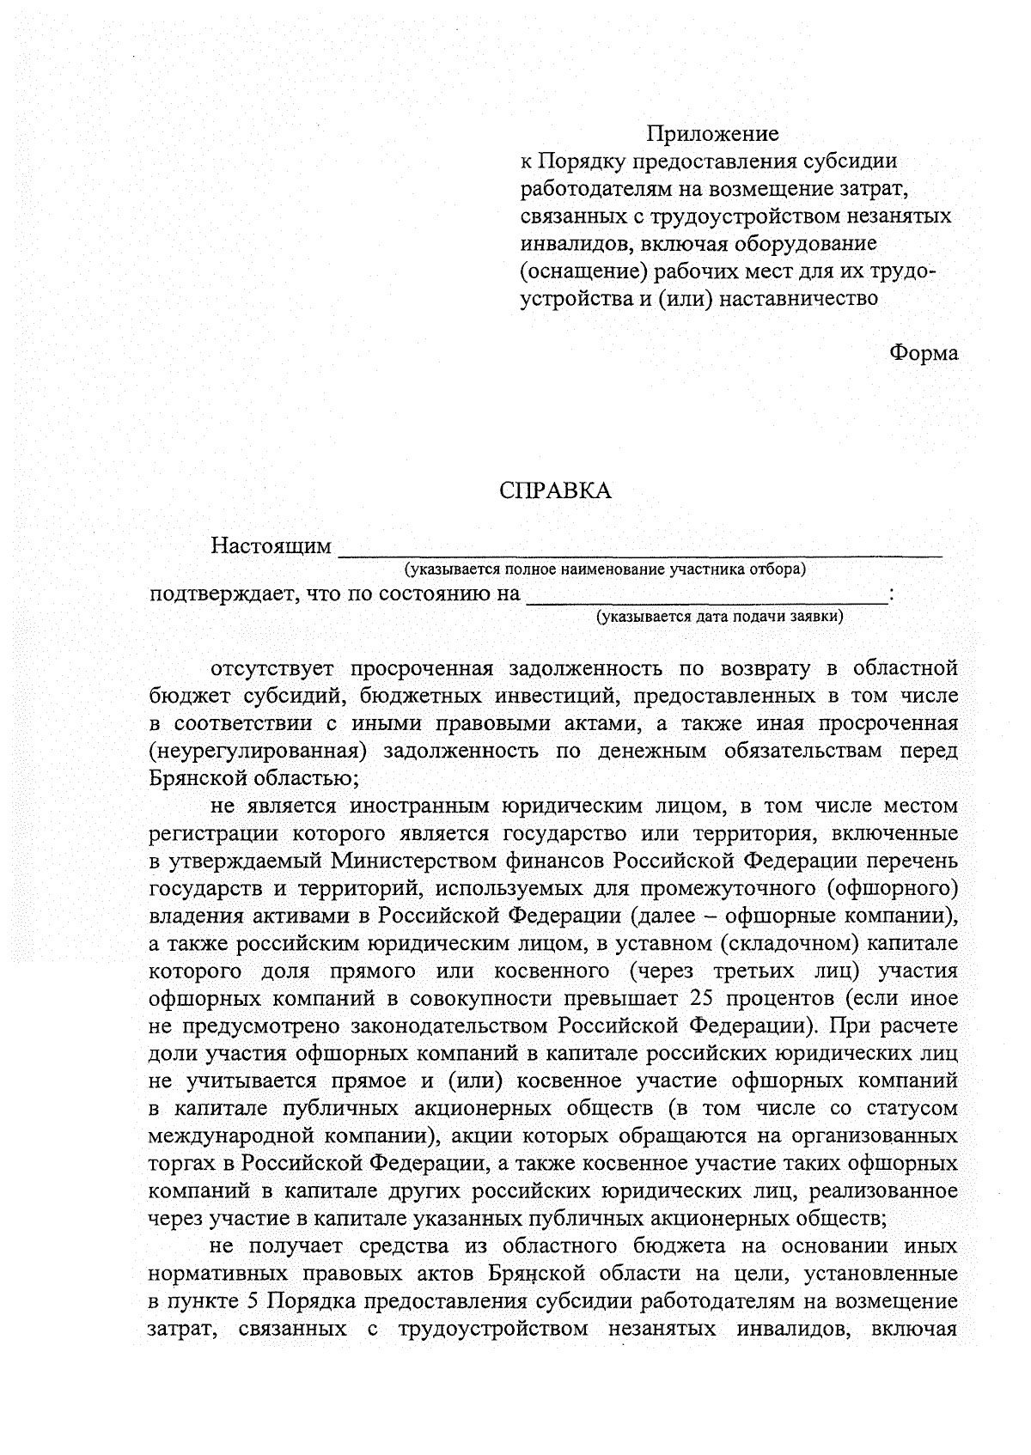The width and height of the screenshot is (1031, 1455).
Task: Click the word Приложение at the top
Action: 712,134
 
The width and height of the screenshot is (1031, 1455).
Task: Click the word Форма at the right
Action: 924,353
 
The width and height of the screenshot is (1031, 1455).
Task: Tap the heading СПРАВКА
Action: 556,490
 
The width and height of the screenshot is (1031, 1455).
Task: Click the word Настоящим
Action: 271,546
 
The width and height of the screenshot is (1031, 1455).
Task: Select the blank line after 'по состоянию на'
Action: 706,599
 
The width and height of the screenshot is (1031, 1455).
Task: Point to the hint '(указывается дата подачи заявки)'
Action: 720,616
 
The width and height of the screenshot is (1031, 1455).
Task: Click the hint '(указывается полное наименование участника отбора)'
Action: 606,569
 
